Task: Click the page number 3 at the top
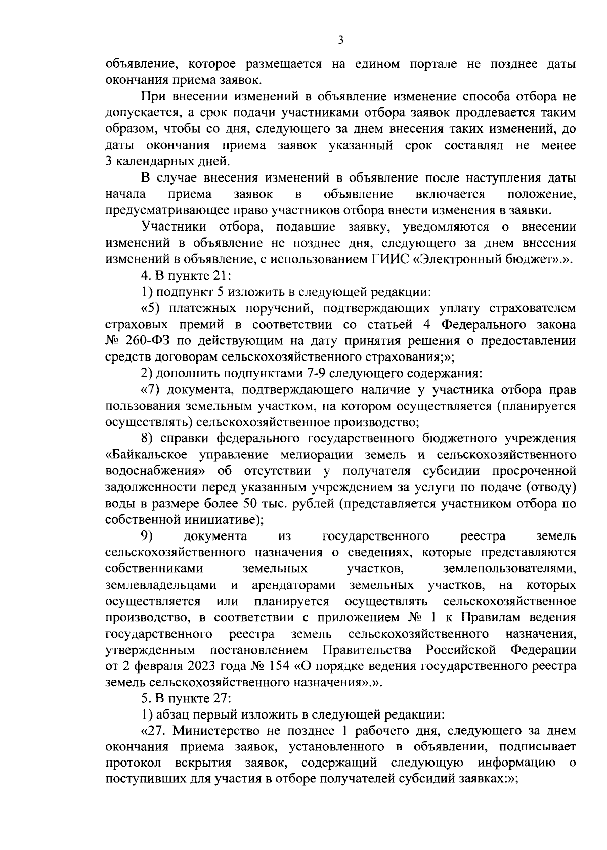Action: click(x=340, y=40)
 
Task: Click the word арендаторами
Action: click(x=293, y=585)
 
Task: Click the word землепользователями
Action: click(x=509, y=568)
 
